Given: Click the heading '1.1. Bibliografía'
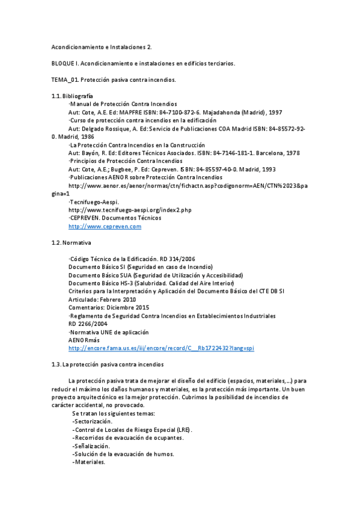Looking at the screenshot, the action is click(x=72, y=96).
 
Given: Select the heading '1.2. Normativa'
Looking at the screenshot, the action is click(x=71, y=242).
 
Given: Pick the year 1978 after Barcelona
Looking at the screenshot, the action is click(x=291, y=153).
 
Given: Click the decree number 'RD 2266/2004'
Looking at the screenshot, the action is click(x=88, y=324).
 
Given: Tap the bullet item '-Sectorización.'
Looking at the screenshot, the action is click(x=92, y=422).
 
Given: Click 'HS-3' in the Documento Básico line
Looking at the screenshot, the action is click(x=124, y=283).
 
